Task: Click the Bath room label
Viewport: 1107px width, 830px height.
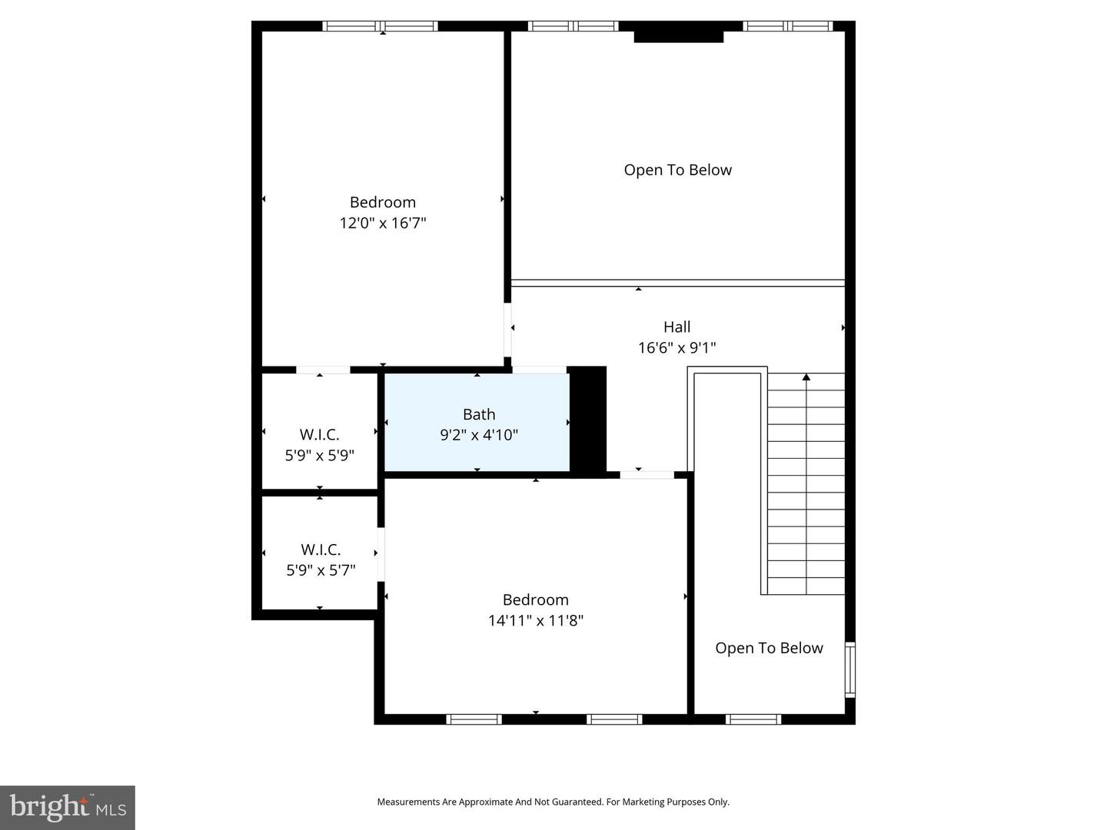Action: (478, 414)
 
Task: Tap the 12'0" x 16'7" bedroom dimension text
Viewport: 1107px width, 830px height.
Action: (382, 223)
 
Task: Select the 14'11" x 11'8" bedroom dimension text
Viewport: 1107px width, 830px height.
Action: (535, 620)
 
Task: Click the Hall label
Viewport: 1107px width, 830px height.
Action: (676, 327)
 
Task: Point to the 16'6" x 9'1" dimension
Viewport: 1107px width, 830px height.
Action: (676, 347)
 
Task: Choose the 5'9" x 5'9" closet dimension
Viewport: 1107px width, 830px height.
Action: (319, 455)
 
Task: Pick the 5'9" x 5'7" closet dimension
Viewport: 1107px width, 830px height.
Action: (321, 570)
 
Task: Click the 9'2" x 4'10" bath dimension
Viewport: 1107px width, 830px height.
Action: (478, 435)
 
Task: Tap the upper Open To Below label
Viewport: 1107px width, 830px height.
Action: (677, 170)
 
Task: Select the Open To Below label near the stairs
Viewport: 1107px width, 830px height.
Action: (769, 648)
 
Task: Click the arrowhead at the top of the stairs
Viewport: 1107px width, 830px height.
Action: (806, 377)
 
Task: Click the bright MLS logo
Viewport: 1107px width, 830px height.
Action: (68, 807)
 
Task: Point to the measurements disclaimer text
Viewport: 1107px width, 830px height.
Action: (553, 802)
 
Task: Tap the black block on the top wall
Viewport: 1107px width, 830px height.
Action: (678, 35)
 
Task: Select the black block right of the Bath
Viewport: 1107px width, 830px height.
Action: (588, 421)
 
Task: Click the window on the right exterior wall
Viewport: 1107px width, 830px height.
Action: (849, 669)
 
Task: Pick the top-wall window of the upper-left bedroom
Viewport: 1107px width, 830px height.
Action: (380, 26)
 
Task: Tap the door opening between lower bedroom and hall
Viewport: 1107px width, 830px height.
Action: (647, 475)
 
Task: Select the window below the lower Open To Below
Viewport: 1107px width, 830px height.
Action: (753, 719)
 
